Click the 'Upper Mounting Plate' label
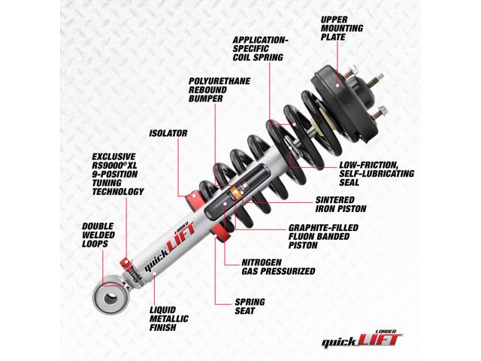pos(342,29)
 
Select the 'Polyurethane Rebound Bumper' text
pos(219,89)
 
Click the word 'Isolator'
pos(168,133)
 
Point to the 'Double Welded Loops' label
pos(98,235)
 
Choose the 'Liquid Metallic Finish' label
pos(168,319)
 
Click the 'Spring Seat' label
pos(250,306)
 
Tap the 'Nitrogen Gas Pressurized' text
pos(278,267)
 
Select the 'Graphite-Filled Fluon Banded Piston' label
pos(323,236)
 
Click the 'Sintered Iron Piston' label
pos(340,205)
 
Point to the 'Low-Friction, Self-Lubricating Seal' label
pos(377,174)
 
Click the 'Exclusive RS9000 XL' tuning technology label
pos(118,174)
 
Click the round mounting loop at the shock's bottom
pos(109,298)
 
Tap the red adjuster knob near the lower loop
pos(126,263)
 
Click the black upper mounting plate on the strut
pos(343,102)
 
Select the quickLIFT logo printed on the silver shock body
pos(169,247)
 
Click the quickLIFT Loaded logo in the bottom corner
pos(362,339)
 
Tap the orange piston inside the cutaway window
pos(234,193)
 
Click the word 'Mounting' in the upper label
pos(342,29)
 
